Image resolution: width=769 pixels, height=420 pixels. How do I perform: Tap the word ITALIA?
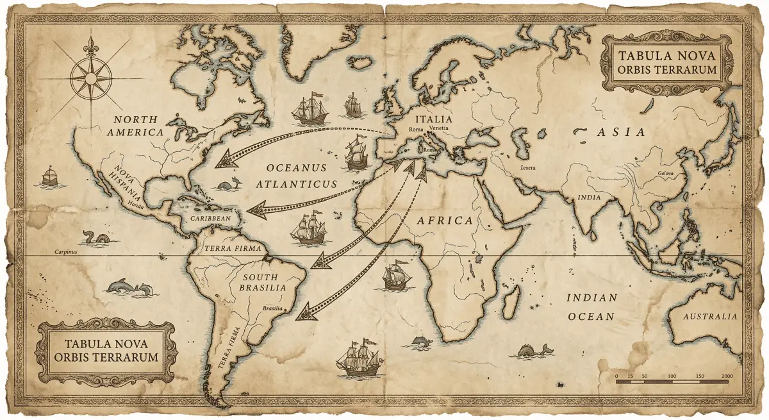pos(433,119)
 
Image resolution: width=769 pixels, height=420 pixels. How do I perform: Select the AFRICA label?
pos(445,221)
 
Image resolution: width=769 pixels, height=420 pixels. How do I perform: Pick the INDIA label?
pos(589,197)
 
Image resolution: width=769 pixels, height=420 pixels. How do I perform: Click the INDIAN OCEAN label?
pos(591,307)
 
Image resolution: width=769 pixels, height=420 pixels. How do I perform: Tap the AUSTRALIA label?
pos(709,317)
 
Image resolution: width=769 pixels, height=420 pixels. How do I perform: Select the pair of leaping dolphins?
pos(130,288)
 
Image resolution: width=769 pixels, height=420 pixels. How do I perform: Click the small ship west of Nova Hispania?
pos(49,176)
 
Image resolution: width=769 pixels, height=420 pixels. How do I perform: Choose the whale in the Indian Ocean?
pos(531,350)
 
